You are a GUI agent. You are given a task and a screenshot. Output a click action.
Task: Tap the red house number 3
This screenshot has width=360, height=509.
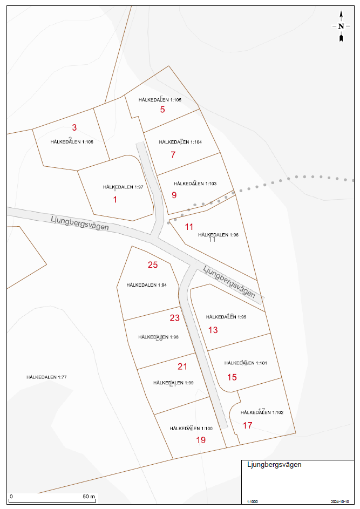point(74,128)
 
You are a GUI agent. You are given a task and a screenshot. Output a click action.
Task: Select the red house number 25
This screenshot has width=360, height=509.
point(153,264)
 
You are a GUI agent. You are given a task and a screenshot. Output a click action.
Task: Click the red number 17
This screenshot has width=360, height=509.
point(247,425)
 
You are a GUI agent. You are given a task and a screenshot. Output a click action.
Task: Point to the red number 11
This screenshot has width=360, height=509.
point(189,227)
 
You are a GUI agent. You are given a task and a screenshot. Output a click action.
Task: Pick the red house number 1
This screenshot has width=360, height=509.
point(114,199)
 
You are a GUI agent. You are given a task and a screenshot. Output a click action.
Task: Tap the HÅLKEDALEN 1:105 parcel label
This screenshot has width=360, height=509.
point(160,100)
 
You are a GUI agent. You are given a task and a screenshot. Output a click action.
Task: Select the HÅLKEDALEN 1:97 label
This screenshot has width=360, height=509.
point(123,187)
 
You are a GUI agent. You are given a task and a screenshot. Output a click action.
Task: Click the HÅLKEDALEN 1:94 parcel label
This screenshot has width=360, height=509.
point(146,285)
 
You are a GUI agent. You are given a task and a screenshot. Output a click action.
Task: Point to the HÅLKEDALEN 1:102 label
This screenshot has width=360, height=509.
point(262,412)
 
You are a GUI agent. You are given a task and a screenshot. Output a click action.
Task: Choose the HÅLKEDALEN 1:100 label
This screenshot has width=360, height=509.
point(191,428)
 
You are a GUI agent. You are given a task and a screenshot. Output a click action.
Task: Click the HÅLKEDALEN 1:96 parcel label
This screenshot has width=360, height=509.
point(218,235)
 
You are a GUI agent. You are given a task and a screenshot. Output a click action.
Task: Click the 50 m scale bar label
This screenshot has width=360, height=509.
point(89,496)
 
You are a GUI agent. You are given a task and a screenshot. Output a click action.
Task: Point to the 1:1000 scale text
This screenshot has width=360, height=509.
point(252,501)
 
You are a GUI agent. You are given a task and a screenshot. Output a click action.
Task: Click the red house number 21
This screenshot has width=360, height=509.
point(182,367)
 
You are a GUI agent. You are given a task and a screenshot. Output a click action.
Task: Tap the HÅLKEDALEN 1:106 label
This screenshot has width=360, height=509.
point(72,141)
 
